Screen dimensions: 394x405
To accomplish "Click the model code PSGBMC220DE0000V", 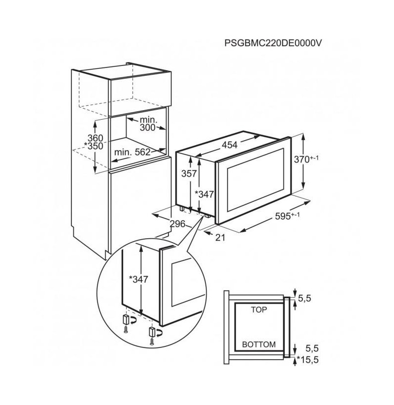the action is point(273,43).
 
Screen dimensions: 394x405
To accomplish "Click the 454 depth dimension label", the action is point(230,145).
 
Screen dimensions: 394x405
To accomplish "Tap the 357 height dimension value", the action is point(189,174).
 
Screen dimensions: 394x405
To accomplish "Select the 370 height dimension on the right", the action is point(306,159).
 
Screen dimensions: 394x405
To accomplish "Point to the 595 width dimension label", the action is point(287,216).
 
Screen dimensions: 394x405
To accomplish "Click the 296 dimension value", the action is point(178,224).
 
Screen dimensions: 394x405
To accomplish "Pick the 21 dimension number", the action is point(220,237).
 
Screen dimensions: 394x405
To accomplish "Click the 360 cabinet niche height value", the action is point(96,138).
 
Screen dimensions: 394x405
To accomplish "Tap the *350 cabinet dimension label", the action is point(94,146).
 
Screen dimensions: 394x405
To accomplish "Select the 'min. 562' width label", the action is point(132,152).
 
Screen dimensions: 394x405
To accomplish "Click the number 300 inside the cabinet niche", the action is point(148,127).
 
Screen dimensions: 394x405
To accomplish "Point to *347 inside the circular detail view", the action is point(138,280).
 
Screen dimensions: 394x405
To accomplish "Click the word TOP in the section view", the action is point(259,310).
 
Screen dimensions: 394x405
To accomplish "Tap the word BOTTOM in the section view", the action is point(259,344).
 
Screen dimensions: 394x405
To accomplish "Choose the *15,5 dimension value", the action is point(308,360).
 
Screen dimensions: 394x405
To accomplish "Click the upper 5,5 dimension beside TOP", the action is point(304,299).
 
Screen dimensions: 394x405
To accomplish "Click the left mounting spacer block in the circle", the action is point(126,319).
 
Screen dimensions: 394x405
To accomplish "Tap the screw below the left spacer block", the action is point(126,330).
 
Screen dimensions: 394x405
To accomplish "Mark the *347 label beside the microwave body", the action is point(204,194).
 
